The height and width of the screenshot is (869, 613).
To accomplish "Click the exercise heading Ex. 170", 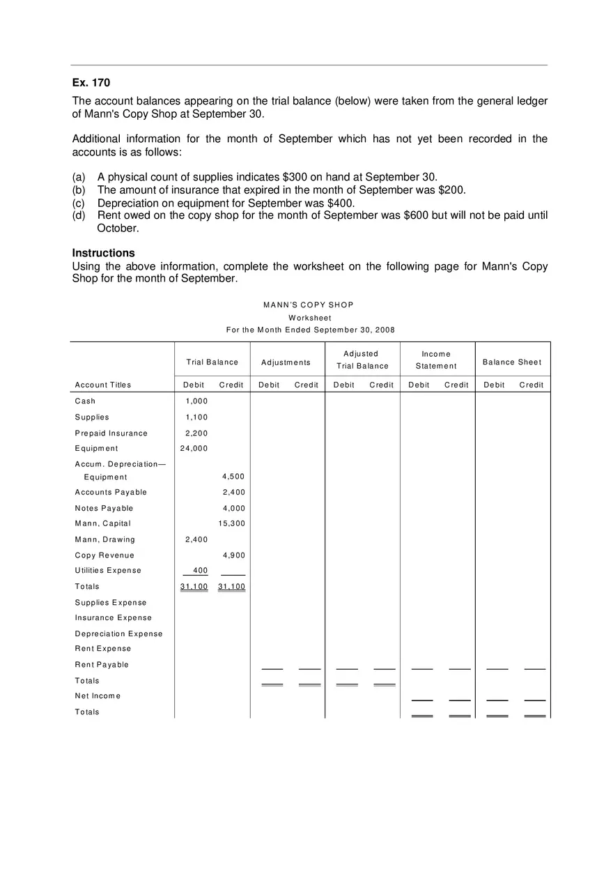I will [x=91, y=83].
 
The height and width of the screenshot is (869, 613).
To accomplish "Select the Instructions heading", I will [x=103, y=253].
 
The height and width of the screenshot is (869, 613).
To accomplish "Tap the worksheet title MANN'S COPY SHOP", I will [x=309, y=305].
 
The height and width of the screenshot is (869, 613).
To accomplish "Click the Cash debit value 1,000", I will [x=196, y=401].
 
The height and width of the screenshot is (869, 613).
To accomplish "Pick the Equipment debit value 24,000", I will [x=194, y=449].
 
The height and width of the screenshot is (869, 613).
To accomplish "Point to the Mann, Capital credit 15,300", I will [x=232, y=524].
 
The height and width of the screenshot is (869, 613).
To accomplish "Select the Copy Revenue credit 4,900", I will [x=234, y=555].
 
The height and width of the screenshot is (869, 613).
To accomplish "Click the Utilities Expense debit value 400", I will [x=200, y=571].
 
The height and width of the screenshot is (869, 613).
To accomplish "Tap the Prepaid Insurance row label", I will [x=111, y=433].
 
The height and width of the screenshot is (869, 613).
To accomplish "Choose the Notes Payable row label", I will [x=104, y=509].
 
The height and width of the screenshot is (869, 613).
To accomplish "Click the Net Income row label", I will [x=98, y=696].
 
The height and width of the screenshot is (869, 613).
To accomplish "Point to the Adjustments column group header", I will [x=286, y=362].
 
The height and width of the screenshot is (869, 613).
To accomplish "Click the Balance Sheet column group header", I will [x=512, y=362].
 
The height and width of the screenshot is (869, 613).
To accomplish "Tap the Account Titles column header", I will [x=103, y=385].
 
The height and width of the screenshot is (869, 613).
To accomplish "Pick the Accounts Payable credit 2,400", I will [x=234, y=493].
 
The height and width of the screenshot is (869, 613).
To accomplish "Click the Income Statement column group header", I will [x=436, y=360].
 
